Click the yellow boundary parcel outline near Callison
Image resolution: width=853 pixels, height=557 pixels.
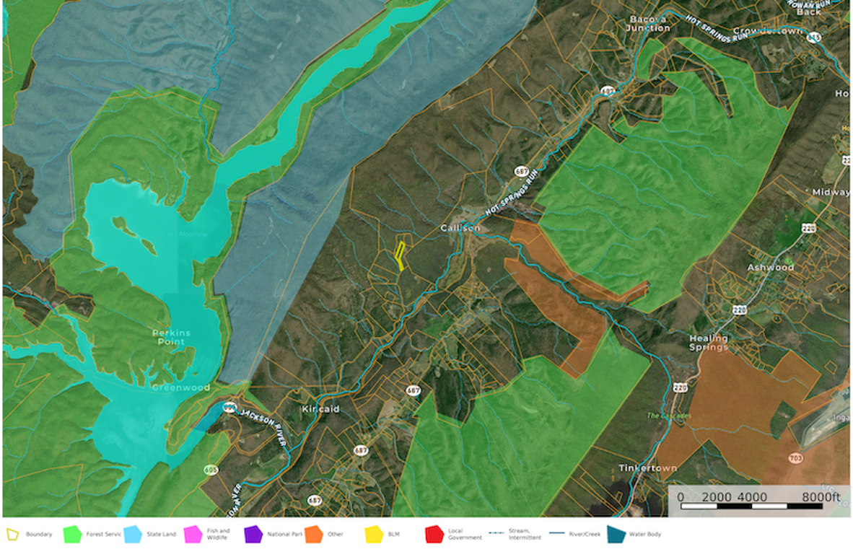(x=399, y=256)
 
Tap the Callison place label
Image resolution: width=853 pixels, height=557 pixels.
(x=460, y=228)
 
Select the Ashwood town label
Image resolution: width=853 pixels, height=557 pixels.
(x=770, y=267)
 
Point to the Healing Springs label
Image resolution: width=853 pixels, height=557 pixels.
(x=708, y=343)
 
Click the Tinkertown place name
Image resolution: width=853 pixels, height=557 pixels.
(x=647, y=468)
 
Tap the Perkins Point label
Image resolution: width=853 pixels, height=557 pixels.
(x=172, y=338)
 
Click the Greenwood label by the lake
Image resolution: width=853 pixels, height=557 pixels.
(x=181, y=387)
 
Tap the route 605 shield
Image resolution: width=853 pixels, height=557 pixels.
(x=211, y=470)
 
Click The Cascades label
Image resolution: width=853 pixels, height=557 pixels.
(x=668, y=416)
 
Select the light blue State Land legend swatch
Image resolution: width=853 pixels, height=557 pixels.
(x=133, y=535)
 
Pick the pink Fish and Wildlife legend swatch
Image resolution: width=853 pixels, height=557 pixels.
(x=193, y=535)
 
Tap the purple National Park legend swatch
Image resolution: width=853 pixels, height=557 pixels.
(x=253, y=535)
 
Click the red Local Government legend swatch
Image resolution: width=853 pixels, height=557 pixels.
(x=434, y=535)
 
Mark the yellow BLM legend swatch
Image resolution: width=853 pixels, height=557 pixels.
(x=373, y=535)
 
